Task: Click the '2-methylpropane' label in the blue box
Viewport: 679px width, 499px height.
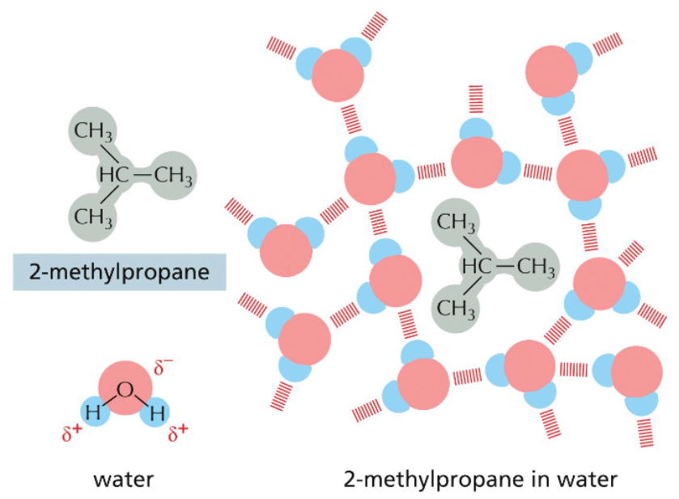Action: tap(118, 272)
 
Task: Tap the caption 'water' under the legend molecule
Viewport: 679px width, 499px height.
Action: tap(123, 478)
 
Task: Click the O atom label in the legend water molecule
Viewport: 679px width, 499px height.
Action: tap(125, 390)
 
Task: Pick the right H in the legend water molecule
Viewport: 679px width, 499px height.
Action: tap(157, 412)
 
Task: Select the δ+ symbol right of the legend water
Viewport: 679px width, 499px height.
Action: tap(178, 434)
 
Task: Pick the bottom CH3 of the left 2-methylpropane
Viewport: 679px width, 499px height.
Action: tap(93, 216)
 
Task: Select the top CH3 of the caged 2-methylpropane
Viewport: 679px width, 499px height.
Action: tap(456, 220)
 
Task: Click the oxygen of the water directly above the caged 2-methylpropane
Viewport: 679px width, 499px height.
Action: tap(476, 161)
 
